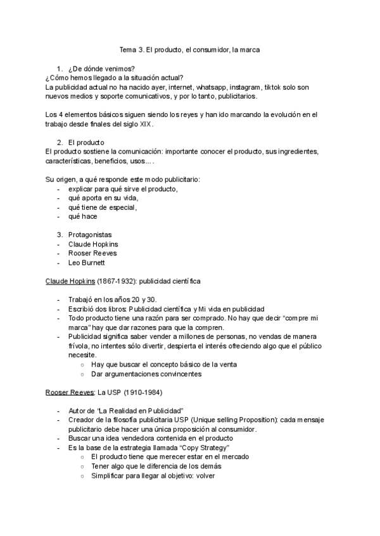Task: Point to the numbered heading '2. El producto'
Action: [85, 143]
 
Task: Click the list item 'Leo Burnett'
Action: [87, 262]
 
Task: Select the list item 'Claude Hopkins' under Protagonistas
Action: [92, 244]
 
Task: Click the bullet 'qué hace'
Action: [82, 216]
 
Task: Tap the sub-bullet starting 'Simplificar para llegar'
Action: [153, 475]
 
